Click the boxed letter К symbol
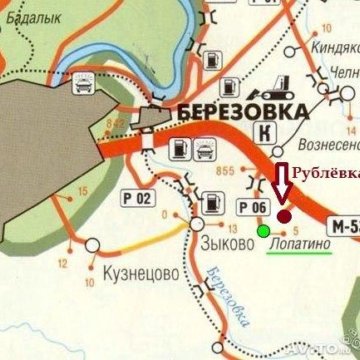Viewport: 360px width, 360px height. (x=266, y=132)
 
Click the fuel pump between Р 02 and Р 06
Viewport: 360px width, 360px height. (x=212, y=203)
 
